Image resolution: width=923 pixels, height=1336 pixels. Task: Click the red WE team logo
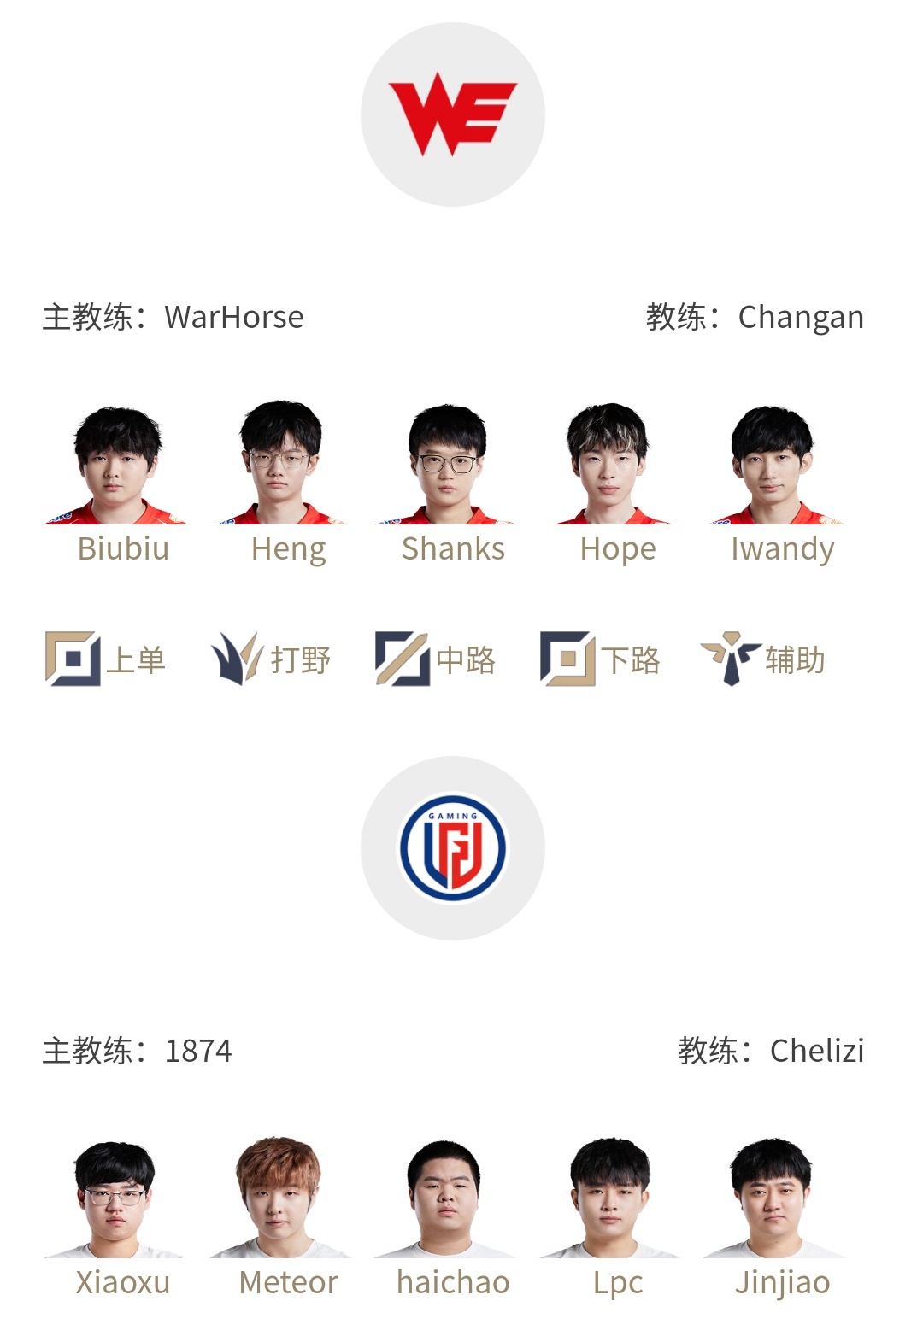(452, 114)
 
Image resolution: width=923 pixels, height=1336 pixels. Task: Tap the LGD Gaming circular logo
(453, 848)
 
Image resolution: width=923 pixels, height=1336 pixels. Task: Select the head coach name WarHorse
(234, 317)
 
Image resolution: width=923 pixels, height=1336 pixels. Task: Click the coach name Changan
(801, 317)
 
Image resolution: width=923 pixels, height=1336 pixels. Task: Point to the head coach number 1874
(198, 1051)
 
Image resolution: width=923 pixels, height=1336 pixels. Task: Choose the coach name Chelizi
(817, 1051)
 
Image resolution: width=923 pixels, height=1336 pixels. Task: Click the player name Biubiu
(124, 548)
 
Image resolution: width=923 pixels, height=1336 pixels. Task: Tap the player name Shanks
(453, 548)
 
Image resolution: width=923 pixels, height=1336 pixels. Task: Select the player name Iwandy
(782, 549)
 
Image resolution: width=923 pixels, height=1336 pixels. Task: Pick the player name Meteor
(288, 1282)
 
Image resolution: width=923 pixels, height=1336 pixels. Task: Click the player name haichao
(453, 1282)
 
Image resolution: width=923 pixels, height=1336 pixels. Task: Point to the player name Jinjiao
(782, 1284)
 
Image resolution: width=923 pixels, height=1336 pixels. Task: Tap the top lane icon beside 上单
(73, 659)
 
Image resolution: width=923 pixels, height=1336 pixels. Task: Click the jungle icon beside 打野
(237, 659)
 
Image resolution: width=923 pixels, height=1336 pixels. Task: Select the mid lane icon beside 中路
(403, 659)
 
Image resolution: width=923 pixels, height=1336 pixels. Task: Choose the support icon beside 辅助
(731, 659)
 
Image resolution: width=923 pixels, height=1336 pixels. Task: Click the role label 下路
(631, 660)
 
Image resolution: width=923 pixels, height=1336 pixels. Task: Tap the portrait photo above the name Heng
(280, 463)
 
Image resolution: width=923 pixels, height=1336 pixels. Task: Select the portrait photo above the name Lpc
(609, 1198)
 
